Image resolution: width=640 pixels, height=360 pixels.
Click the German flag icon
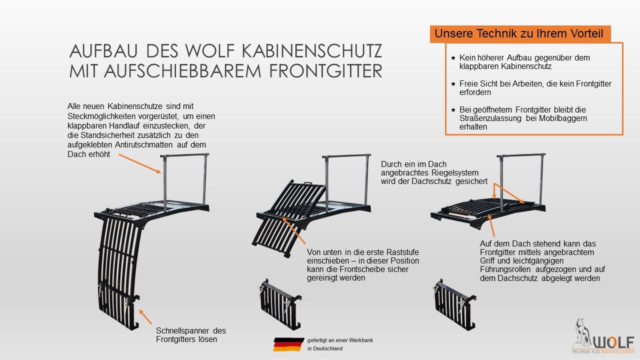pyautogui.click(x=288, y=344)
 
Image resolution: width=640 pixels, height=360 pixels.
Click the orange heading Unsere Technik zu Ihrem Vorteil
pyautogui.click(x=518, y=34)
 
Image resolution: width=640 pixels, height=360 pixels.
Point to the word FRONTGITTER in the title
pyautogui.click(x=317, y=70)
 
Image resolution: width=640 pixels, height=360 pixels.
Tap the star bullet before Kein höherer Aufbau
pyautogui.click(x=453, y=58)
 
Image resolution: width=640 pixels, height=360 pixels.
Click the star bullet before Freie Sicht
pyautogui.click(x=453, y=84)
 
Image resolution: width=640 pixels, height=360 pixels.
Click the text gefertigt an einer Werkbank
pyautogui.click(x=340, y=340)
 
